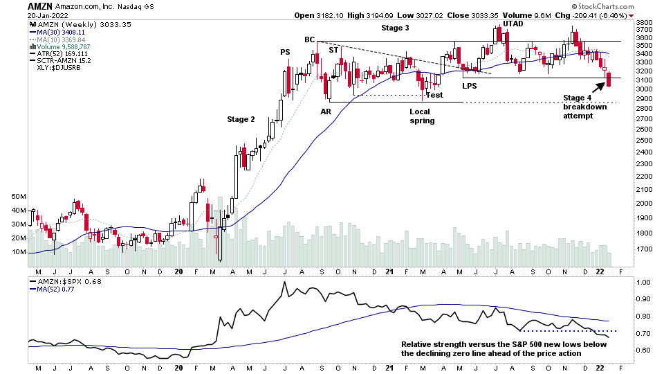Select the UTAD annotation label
coord(513,24)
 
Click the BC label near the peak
coord(310,39)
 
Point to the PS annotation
coord(285,52)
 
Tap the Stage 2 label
coord(241,119)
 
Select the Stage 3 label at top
coord(395,28)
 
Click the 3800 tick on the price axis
coord(645,22)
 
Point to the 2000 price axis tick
coord(645,204)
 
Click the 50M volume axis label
coord(19,197)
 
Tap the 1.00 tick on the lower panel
coord(644,283)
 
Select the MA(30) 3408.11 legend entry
coord(54,31)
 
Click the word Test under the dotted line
coord(434,95)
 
